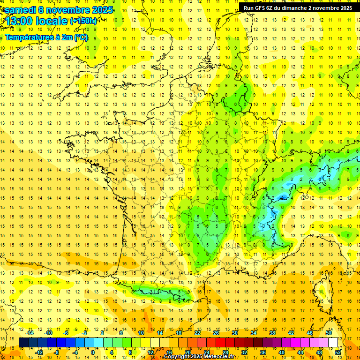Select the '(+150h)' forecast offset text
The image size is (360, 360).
pos(83,21)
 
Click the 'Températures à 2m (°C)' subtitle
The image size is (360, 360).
pos(46,37)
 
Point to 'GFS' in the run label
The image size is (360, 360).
pos(262,8)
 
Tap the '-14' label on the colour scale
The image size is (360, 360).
pos(30,333)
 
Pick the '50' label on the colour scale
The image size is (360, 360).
pos(328,333)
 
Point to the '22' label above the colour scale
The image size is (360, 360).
pos(197,333)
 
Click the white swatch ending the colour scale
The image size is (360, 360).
pos(333,343)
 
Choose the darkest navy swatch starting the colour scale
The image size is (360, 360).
pos(23,343)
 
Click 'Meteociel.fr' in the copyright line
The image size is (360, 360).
pos(221,357)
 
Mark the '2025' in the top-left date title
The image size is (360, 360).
pos(101,10)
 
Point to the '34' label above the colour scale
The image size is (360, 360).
pos(254,333)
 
